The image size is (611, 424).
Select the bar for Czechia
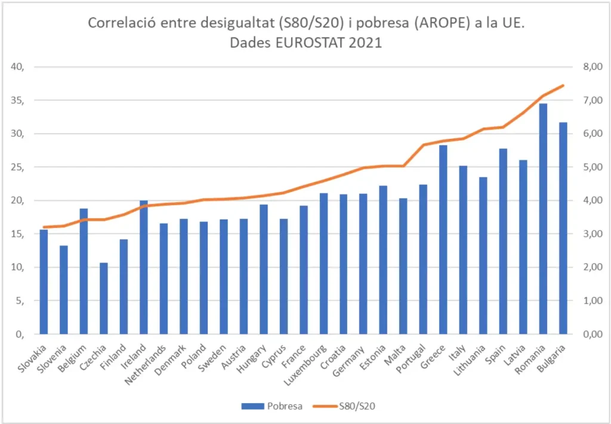pos(104,298)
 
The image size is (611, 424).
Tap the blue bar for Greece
pos(443,239)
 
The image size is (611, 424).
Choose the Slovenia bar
pos(64,290)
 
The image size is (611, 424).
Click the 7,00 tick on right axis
pos(585,100)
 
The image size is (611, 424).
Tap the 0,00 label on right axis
pos(585,335)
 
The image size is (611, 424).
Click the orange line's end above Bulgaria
pos(563,85)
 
